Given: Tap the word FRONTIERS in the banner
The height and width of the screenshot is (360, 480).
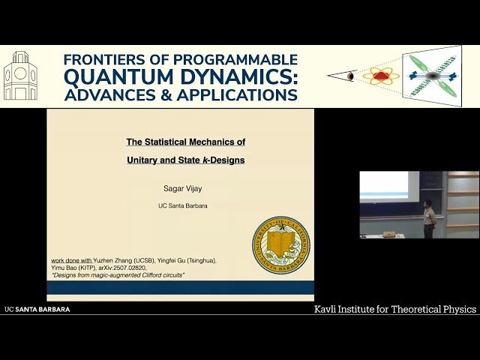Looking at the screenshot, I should [103, 59].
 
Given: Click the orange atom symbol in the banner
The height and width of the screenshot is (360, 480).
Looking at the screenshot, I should [381, 76].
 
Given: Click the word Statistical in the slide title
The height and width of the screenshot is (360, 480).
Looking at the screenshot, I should [169, 141].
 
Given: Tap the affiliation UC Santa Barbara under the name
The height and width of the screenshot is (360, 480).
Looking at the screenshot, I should [179, 205].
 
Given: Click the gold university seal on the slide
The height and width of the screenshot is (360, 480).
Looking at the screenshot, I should [280, 245].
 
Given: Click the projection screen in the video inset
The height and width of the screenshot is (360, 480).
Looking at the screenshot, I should [384, 186].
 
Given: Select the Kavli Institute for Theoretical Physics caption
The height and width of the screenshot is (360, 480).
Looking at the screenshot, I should [395, 309].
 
